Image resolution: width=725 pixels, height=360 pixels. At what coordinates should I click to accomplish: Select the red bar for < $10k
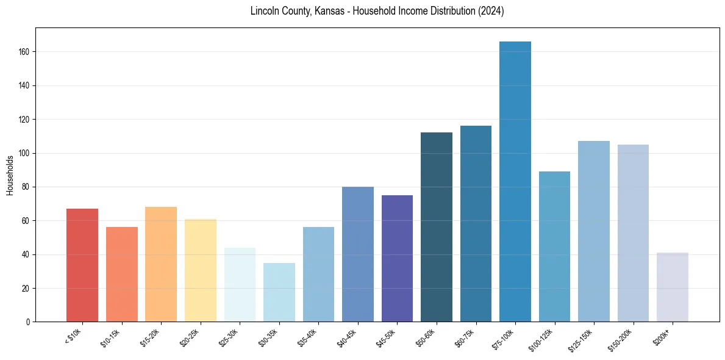point(82,265)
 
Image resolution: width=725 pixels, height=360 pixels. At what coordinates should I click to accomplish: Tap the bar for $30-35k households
point(279,292)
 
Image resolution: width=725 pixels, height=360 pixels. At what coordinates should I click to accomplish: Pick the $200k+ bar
point(673,287)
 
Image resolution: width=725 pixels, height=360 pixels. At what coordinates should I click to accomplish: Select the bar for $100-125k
point(554,247)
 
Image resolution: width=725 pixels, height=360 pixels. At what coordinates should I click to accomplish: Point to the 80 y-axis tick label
point(27,187)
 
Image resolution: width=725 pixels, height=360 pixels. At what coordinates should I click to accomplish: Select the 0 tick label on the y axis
point(29,322)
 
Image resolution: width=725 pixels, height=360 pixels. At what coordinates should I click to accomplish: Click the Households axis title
point(10,175)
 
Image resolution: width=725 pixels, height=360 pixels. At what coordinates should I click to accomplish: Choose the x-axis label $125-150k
point(582,339)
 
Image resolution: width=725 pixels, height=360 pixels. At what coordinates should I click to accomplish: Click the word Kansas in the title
point(332,12)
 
